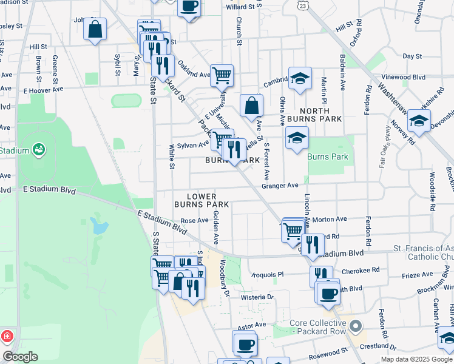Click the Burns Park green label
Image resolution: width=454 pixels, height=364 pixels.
[x=328, y=157]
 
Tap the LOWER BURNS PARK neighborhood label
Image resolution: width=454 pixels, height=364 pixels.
[x=202, y=201]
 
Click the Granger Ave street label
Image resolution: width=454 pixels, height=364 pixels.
[x=280, y=186]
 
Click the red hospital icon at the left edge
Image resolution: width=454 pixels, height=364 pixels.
[x=7, y=335]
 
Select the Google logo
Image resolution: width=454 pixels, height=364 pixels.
[x=21, y=357]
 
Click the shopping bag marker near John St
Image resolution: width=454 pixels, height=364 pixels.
[x=95, y=29]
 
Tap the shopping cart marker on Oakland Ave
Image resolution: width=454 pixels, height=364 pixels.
[x=222, y=76]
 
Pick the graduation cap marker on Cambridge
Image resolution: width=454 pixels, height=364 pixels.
[x=300, y=78]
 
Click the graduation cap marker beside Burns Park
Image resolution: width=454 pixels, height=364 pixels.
[x=297, y=138]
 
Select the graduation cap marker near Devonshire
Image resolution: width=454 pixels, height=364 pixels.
[x=419, y=121]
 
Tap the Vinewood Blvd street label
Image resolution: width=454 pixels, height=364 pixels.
[x=402, y=77]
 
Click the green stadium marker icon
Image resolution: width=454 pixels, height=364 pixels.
[x=39, y=148]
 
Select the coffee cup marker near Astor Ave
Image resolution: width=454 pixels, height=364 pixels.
[x=245, y=344]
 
